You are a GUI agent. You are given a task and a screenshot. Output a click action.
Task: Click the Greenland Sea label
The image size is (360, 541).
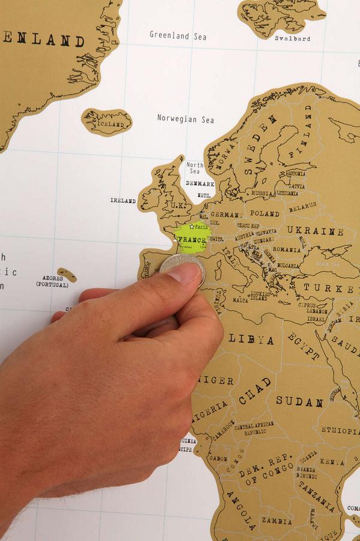[x=178, y=36]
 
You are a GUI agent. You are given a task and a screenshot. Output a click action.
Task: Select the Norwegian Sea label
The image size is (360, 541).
[x=185, y=119]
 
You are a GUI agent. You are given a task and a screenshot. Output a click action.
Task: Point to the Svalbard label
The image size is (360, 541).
[x=292, y=38]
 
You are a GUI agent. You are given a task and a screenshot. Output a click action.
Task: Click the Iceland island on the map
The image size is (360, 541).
[x=107, y=122]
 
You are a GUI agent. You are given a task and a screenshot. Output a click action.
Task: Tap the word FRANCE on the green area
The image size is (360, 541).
[x=192, y=239]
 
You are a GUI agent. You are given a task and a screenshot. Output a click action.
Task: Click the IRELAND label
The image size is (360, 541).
[x=123, y=200]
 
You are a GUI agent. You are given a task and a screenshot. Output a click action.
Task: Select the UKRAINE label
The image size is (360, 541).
[x=315, y=231]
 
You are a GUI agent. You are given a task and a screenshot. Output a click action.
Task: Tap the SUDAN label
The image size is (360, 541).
[x=299, y=401]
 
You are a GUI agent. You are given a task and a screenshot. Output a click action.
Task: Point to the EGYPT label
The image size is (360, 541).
[x=304, y=346]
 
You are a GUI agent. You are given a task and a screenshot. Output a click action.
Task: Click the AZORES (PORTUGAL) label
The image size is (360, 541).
[x=52, y=281]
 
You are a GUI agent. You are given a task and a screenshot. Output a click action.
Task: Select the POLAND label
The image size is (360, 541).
[x=264, y=213]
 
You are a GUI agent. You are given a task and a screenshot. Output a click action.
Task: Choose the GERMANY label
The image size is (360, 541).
[x=227, y=215]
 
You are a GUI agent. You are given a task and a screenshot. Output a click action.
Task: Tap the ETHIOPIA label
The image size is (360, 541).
[x=340, y=430]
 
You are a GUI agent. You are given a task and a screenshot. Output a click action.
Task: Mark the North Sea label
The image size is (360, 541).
[x=194, y=168]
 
